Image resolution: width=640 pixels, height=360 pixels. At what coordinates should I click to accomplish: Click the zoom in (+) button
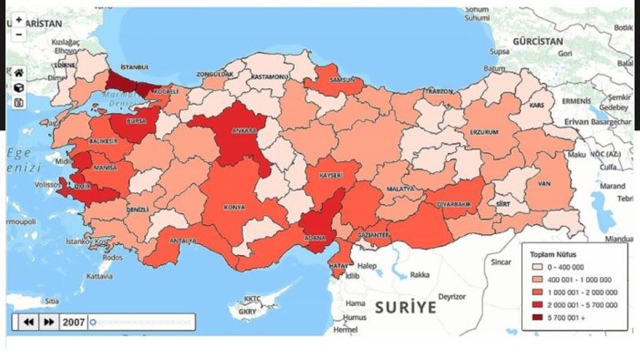click(18, 19)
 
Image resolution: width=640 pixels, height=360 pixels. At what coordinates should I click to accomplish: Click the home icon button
click(18, 72)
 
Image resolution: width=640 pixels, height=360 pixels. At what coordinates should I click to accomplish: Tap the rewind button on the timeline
click(28, 322)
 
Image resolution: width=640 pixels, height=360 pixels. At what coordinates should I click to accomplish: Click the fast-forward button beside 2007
click(49, 322)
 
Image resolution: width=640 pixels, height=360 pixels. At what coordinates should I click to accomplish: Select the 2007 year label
click(73, 322)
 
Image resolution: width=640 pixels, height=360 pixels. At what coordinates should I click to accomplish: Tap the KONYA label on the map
click(234, 207)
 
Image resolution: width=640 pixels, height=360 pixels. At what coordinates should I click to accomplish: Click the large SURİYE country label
click(405, 306)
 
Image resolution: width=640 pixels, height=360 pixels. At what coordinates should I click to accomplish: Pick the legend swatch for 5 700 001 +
click(538, 317)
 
